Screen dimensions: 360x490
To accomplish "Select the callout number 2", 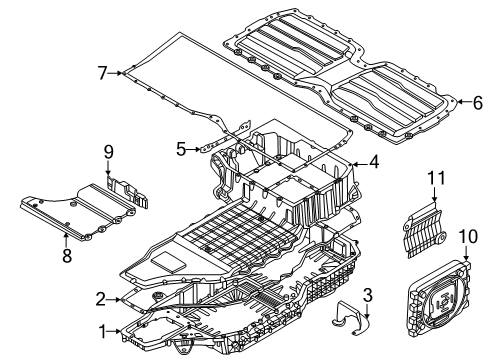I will [x=101, y=298].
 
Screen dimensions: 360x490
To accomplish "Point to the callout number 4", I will [x=373, y=161].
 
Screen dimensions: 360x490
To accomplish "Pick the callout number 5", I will [x=182, y=149].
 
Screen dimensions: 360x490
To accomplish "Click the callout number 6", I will [x=477, y=101].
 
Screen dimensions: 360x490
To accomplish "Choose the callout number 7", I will [x=102, y=72].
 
